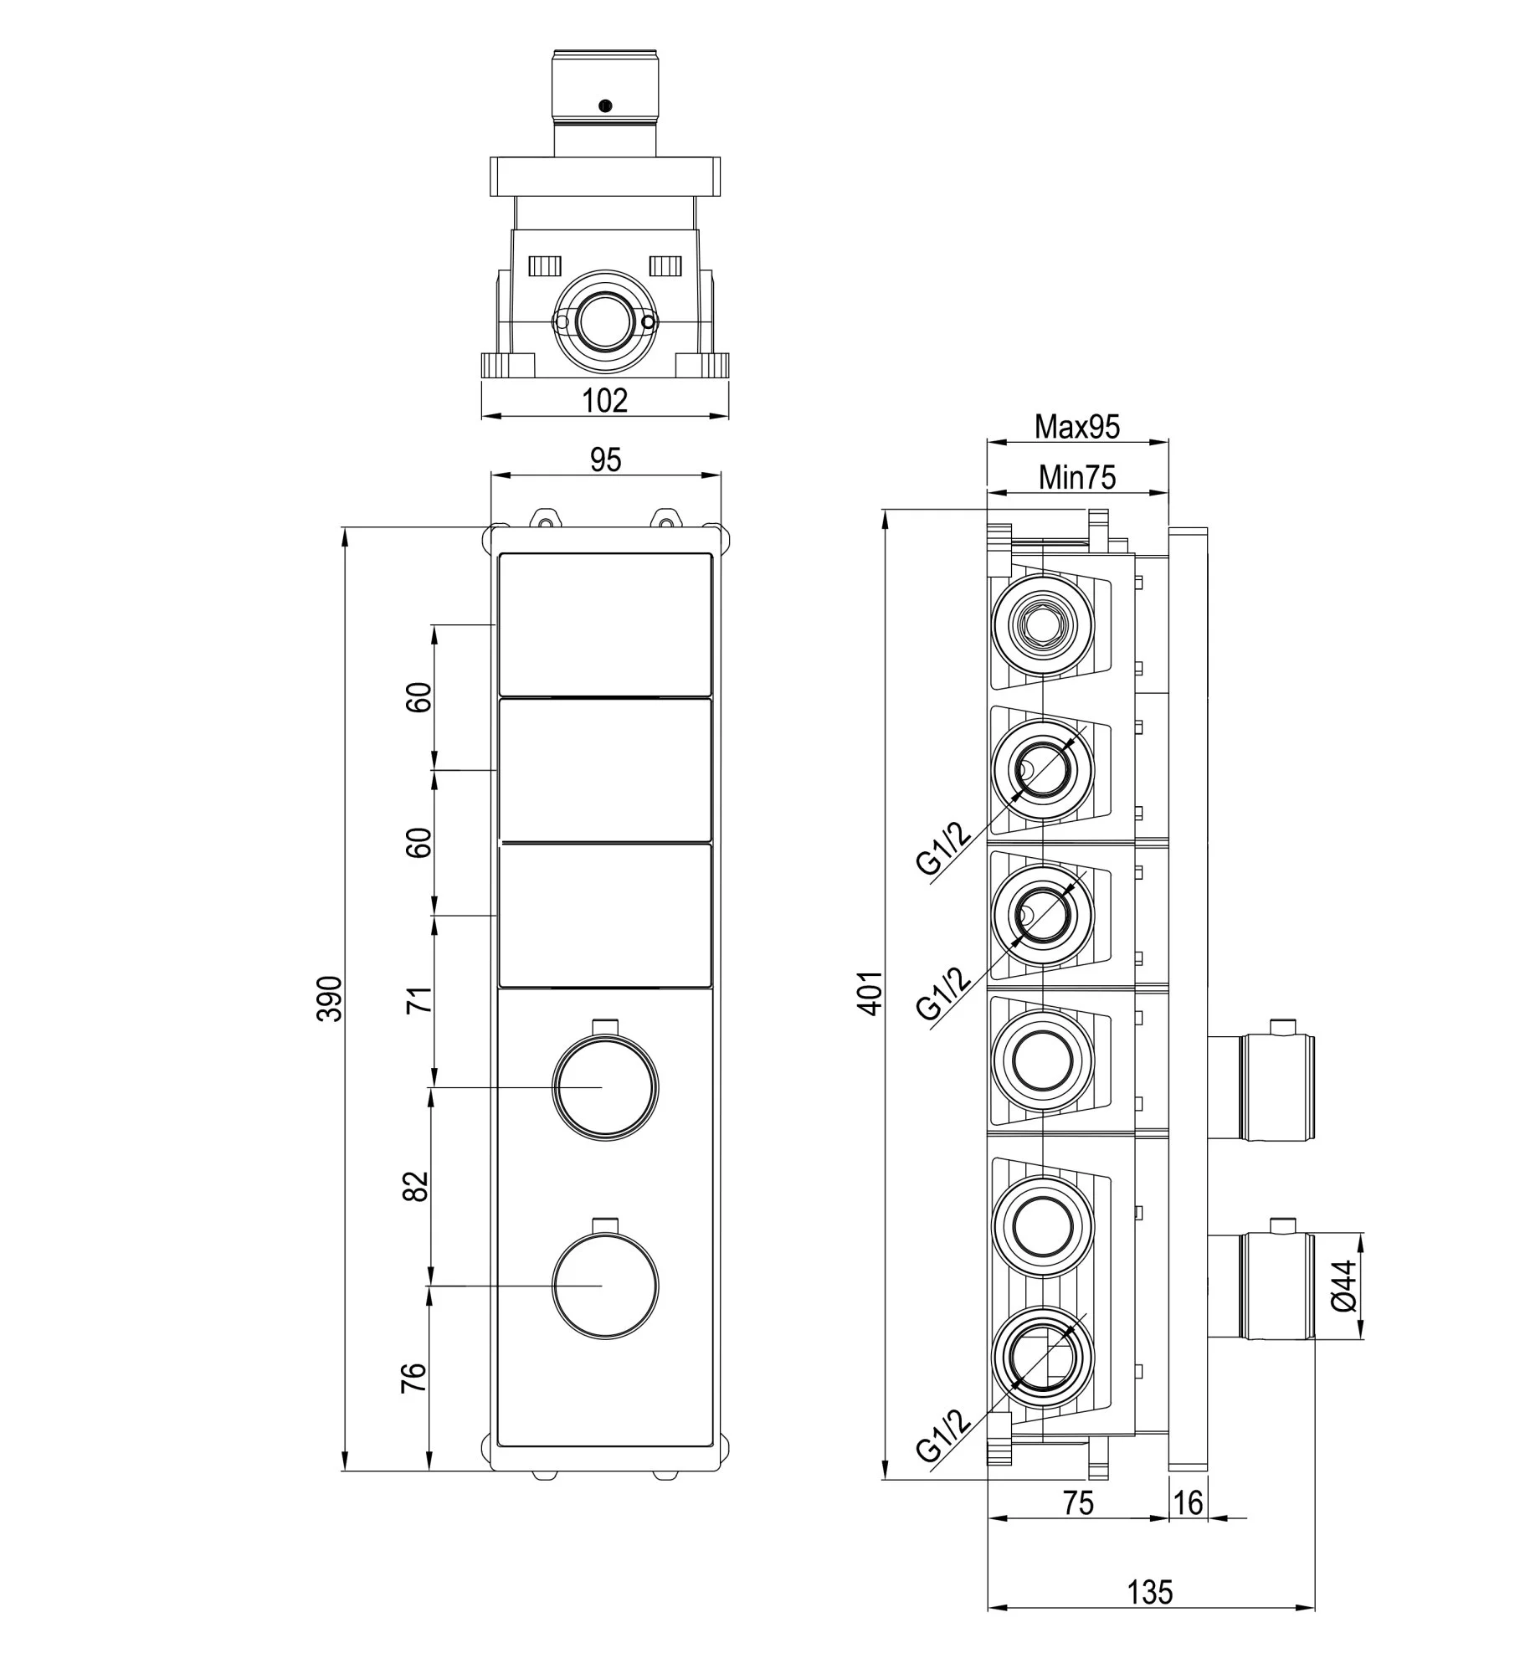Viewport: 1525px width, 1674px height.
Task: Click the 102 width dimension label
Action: [x=604, y=400]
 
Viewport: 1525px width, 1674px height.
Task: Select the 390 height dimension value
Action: [x=331, y=998]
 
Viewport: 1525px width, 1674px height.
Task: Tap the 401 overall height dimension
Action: [x=870, y=993]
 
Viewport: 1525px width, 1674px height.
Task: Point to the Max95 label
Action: [x=1076, y=427]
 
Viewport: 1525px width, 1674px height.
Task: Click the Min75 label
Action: [x=1077, y=477]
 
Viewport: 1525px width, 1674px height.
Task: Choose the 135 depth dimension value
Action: [x=1150, y=1615]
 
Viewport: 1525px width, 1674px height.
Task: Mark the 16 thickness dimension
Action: [x=1188, y=1502]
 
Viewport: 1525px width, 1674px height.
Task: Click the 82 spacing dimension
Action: [x=416, y=1185]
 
